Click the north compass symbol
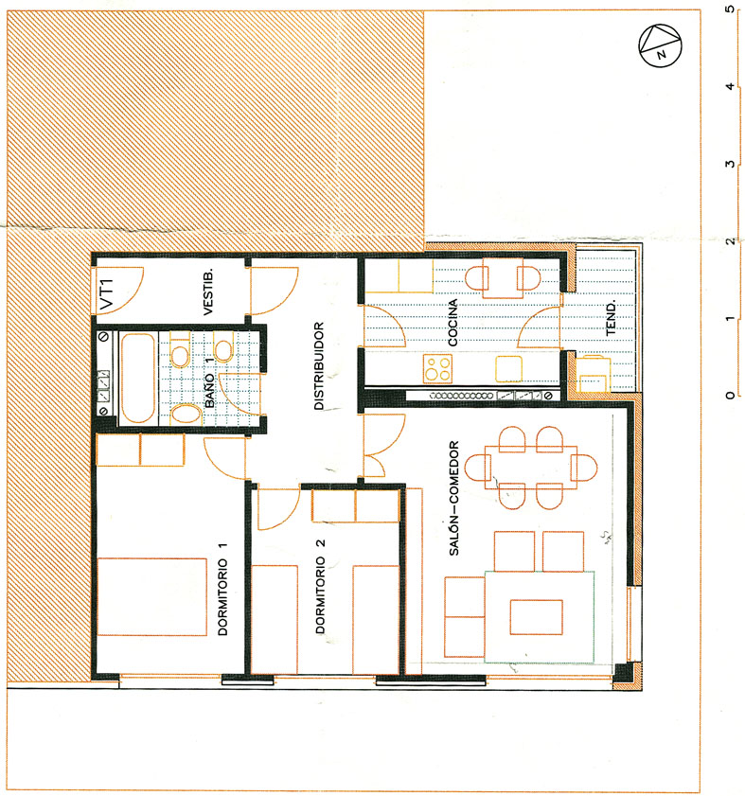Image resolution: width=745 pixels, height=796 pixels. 660,45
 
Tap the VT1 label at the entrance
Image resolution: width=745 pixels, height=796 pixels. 107,294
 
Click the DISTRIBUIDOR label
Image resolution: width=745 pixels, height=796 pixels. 318,365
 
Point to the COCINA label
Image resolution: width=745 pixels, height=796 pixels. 452,323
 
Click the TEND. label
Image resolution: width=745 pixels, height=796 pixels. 611,317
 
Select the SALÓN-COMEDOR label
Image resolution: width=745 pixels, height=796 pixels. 454,498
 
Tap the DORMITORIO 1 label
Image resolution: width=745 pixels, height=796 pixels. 222,589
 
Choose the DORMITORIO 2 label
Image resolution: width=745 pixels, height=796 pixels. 320,586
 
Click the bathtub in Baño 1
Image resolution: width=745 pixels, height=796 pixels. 137,378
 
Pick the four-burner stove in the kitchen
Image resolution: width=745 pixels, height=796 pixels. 437,368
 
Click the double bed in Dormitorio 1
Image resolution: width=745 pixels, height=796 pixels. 151,596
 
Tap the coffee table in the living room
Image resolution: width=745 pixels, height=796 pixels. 537,617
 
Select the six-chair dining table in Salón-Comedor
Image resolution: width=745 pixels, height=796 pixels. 531,467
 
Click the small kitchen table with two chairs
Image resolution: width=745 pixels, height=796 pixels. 503,278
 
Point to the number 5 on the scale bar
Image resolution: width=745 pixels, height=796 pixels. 730,9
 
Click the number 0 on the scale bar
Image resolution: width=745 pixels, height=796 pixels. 730,395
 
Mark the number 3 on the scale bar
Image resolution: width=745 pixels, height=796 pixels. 730,164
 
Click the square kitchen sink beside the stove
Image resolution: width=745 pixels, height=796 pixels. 509,368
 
